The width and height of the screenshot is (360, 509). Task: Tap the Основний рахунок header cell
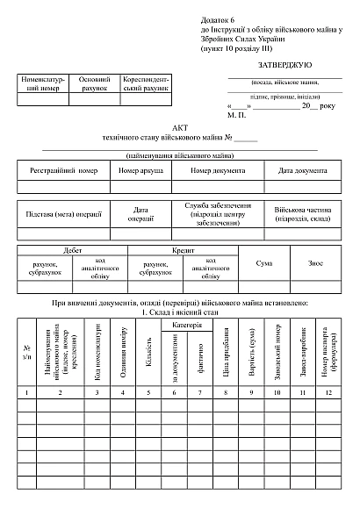click(95, 84)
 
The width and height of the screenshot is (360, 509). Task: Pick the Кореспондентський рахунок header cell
click(145, 84)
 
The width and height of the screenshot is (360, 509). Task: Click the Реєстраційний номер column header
click(63, 170)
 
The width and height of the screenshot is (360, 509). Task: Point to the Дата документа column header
click(302, 170)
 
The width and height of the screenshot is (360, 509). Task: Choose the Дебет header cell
click(73, 250)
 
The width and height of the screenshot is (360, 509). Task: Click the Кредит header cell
click(183, 250)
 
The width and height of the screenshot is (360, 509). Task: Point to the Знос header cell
click(316, 262)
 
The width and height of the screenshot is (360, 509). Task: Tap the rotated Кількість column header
click(148, 361)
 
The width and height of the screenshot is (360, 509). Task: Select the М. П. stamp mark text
click(236, 115)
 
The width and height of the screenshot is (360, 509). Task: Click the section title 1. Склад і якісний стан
click(179, 312)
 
